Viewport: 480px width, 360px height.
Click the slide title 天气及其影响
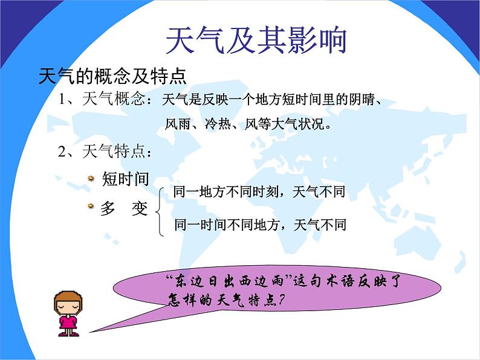coord(256,40)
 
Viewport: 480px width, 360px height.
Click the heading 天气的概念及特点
coord(112,76)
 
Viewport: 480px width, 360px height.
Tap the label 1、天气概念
coord(102,98)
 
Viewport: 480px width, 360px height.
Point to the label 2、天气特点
coord(102,151)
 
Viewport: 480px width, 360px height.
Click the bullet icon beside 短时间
coord(91,178)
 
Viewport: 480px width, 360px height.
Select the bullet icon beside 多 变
coord(91,206)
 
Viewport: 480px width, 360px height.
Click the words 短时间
coord(126,179)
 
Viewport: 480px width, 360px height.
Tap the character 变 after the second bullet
coord(140,208)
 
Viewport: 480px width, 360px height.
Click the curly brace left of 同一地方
coord(160,211)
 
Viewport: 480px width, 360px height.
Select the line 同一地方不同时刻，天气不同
coord(259,191)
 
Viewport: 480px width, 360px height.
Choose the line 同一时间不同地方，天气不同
coord(260,225)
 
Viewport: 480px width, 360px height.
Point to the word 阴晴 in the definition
coord(362,100)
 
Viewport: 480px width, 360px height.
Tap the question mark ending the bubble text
coord(281,300)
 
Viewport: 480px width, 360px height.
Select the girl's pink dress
coord(68,323)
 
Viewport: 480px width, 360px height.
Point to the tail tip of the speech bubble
coord(89,332)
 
